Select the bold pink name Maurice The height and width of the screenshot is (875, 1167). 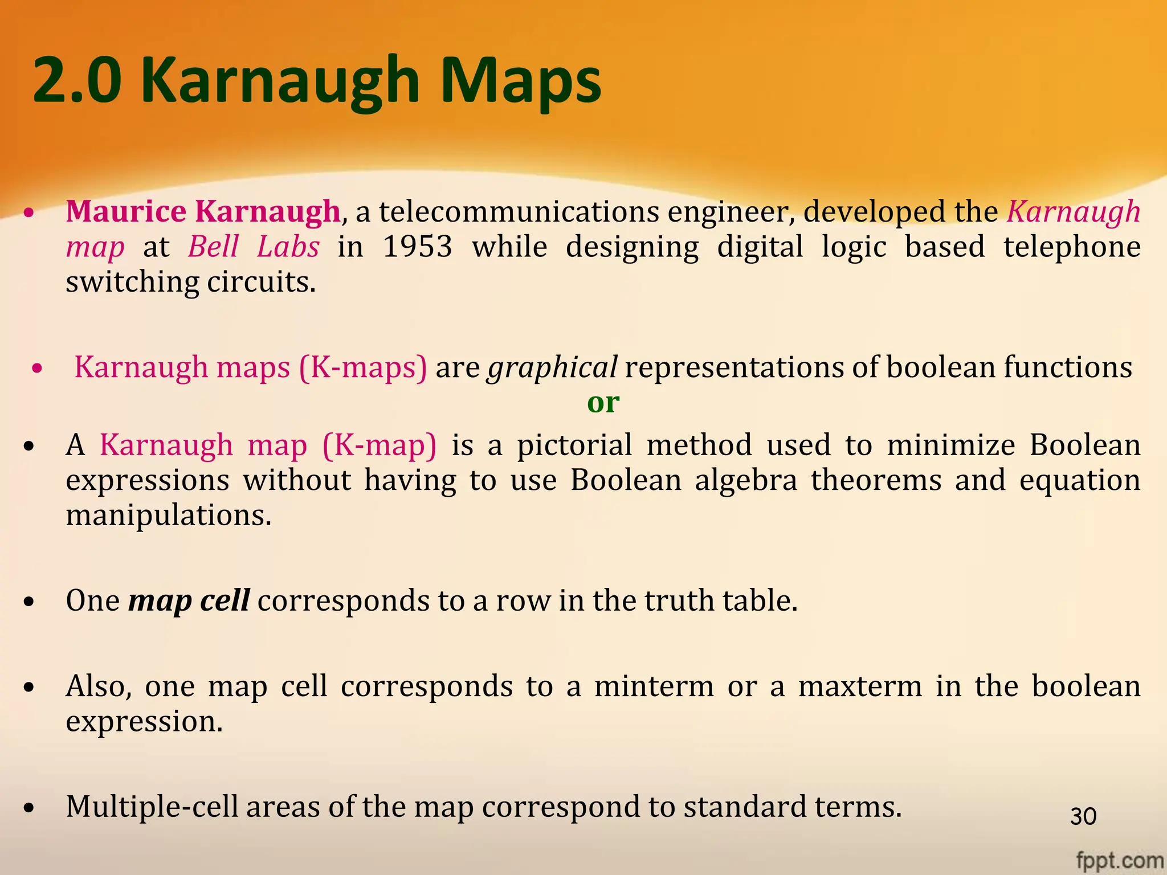tap(126, 211)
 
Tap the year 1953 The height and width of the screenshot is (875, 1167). tap(417, 247)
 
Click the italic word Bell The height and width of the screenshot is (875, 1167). tap(213, 247)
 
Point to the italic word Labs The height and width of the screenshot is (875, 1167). tap(288, 247)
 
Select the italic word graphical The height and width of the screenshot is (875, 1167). tap(552, 367)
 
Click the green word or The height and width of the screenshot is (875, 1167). tap(603, 403)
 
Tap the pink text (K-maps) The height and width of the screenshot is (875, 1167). tap(362, 367)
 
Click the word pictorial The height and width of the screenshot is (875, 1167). tap(574, 445)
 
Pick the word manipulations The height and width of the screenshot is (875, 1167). tap(168, 516)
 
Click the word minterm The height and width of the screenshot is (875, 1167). tap(654, 686)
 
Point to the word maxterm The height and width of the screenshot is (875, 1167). tap(859, 686)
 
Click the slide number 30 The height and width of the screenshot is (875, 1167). tap(1083, 816)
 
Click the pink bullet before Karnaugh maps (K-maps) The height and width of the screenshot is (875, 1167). tap(37, 369)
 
